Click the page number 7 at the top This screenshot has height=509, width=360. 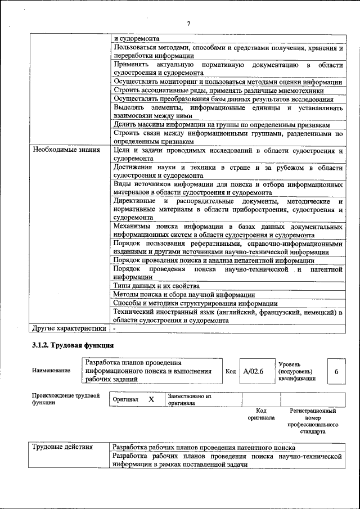188,23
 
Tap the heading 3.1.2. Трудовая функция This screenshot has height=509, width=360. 73,345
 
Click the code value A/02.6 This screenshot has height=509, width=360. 254,371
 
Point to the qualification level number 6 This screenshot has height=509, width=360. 336,371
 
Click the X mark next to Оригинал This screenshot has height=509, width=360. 151,399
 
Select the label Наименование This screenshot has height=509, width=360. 51,371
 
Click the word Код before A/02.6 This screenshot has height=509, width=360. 231,371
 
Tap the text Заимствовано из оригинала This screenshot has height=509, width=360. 189,399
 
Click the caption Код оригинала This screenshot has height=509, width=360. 261,415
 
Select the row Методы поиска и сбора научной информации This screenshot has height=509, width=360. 184,294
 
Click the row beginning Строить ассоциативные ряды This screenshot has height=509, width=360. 218,90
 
